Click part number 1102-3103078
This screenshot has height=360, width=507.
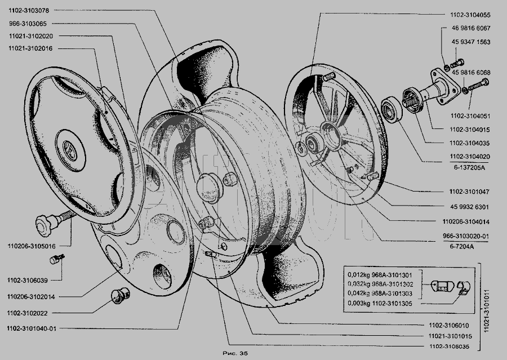click(x=29, y=11)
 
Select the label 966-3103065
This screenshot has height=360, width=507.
click(x=28, y=24)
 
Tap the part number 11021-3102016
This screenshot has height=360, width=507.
click(x=31, y=48)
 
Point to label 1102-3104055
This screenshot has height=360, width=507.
click(x=470, y=15)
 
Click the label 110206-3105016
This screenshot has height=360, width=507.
click(x=32, y=246)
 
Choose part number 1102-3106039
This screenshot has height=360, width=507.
click(x=28, y=281)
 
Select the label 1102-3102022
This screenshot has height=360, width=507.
click(x=28, y=313)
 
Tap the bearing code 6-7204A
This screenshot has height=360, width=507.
click(x=462, y=246)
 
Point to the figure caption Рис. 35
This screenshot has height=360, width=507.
click(x=235, y=353)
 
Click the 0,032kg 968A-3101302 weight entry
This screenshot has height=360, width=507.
click(x=380, y=285)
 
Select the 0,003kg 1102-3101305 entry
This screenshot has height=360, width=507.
click(x=380, y=304)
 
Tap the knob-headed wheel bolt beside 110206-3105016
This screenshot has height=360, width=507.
click(x=54, y=221)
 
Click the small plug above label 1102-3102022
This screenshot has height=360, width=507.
click(x=121, y=295)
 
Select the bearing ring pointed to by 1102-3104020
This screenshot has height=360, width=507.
click(x=392, y=110)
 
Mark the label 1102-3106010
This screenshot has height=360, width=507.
click(x=449, y=326)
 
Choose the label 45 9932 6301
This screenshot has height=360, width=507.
click(x=469, y=207)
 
